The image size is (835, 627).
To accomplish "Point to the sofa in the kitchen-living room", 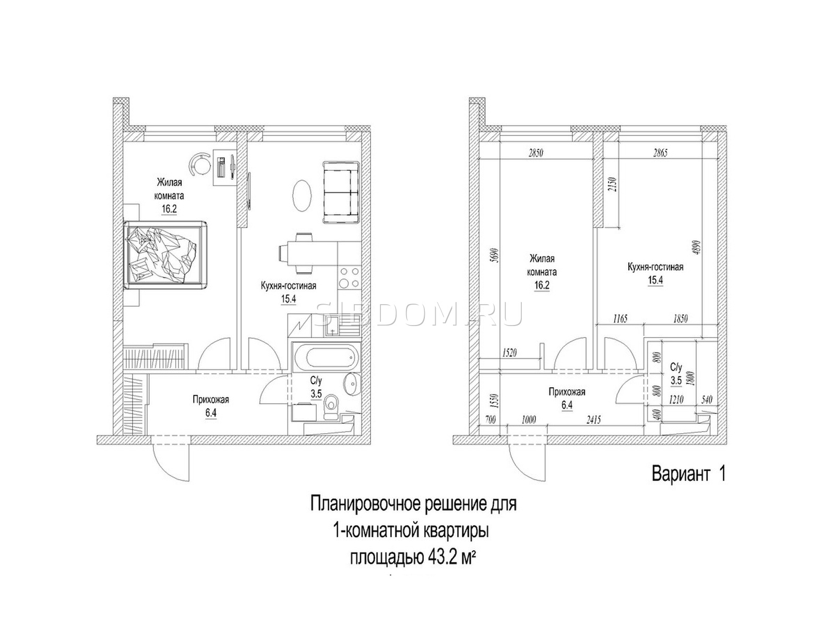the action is [340, 192].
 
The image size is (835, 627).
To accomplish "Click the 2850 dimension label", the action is [535, 153].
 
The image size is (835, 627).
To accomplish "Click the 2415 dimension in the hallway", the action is [593, 420].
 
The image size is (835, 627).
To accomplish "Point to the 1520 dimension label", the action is [509, 353].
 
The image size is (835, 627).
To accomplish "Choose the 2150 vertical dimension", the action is [613, 186].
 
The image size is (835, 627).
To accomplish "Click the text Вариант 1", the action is [689, 474].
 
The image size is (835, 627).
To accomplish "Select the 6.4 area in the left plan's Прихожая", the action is [211, 413].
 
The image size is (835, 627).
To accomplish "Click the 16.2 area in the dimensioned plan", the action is [541, 285].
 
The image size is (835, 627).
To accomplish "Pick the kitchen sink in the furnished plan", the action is [333, 326].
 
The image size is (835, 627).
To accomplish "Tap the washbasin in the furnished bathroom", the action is [351, 385].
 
